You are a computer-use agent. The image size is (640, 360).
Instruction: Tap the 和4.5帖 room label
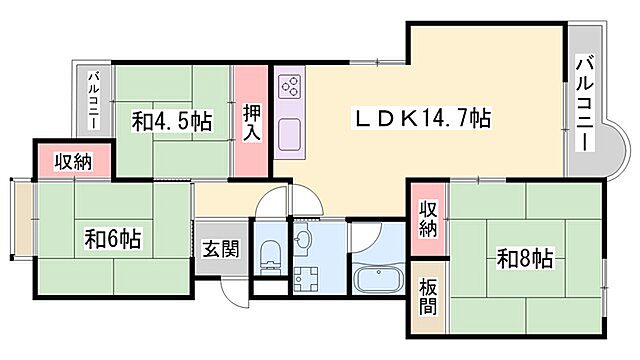[x=172, y=122]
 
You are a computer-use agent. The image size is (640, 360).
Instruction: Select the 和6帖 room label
[x=112, y=239]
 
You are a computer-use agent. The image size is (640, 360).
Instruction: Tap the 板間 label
[x=428, y=297]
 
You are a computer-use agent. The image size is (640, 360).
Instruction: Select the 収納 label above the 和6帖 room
[x=74, y=162]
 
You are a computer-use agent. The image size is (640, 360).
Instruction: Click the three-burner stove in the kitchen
[x=289, y=87]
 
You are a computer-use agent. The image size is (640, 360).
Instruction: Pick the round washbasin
[x=305, y=238]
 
